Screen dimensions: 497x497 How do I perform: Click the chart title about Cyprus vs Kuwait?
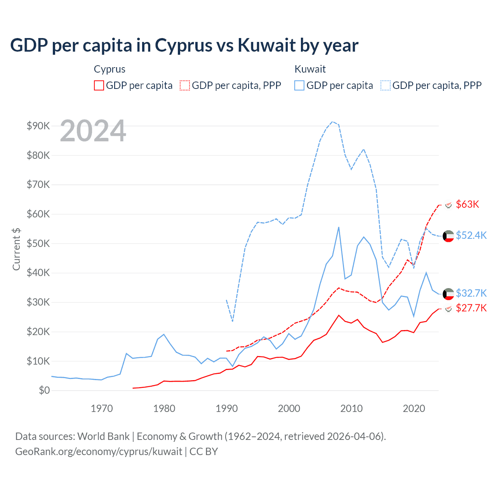coord(184,45)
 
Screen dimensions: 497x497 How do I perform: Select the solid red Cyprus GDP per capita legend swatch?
coord(99,85)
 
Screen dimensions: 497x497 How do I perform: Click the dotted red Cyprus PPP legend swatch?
coord(185,85)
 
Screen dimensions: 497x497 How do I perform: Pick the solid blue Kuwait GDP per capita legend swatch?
coord(299,85)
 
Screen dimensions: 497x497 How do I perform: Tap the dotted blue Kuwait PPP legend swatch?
coord(386,85)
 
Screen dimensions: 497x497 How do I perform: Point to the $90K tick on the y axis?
coord(38,126)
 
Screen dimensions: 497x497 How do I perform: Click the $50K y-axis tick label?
coord(38,243)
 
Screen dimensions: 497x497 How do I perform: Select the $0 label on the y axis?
coord(44,390)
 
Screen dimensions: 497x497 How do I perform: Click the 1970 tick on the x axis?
coord(102,408)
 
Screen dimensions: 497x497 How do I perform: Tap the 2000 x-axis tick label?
coord(289,408)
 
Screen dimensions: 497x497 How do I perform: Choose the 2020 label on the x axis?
coord(414,408)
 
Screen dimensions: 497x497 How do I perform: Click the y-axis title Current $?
coord(16,249)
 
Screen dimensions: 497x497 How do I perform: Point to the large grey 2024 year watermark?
coord(93,131)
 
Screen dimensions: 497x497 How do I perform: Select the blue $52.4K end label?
coord(471,235)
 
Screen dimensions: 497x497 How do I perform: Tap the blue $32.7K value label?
coord(471,293)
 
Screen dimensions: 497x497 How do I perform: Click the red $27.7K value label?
coord(471,308)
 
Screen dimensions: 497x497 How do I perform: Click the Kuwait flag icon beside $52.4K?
coord(448,236)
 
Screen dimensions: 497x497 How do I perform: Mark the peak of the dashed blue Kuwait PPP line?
coord(332,122)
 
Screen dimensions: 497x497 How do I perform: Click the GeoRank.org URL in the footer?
coord(99,452)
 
